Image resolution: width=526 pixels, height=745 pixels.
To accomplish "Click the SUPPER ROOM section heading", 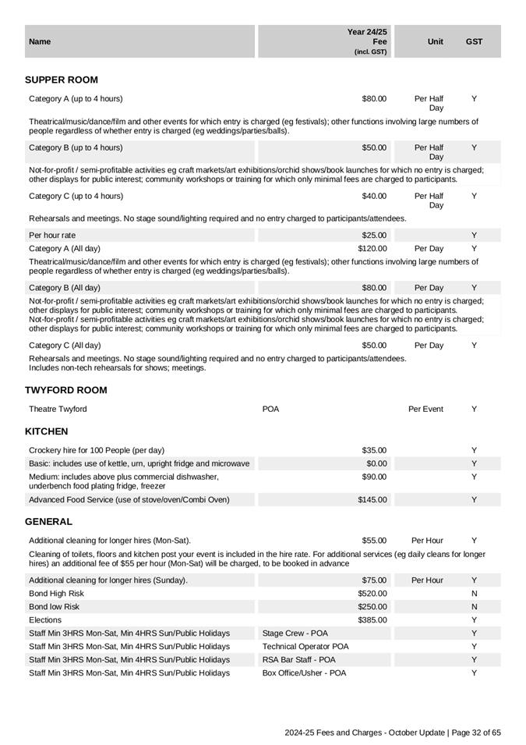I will click(62, 80).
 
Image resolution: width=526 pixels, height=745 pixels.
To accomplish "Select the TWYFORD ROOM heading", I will click(66, 390).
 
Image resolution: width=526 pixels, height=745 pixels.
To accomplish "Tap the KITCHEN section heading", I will click(47, 431).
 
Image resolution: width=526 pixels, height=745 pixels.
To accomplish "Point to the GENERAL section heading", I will click(48, 521).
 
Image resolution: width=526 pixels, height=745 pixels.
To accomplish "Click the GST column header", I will click(474, 41).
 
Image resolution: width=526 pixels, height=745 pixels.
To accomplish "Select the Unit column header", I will click(436, 41).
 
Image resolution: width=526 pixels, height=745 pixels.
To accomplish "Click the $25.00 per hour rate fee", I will click(374, 236).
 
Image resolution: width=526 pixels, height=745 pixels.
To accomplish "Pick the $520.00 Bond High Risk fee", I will click(372, 594).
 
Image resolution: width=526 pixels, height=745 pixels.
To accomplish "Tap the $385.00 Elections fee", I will click(372, 620).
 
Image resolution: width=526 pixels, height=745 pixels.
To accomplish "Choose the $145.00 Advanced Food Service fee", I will click(372, 500).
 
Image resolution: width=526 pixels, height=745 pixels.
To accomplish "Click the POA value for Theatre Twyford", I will click(271, 410).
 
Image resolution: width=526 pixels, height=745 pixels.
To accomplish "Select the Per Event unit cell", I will click(425, 410).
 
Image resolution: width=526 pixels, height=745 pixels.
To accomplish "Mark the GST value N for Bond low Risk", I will click(474, 607).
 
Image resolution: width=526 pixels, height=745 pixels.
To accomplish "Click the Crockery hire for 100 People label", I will click(97, 450).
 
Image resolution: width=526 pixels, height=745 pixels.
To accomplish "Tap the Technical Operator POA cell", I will click(305, 647).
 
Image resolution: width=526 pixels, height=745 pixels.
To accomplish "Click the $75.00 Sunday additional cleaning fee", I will click(374, 580).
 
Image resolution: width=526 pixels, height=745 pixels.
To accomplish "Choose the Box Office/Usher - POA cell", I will click(305, 673).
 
